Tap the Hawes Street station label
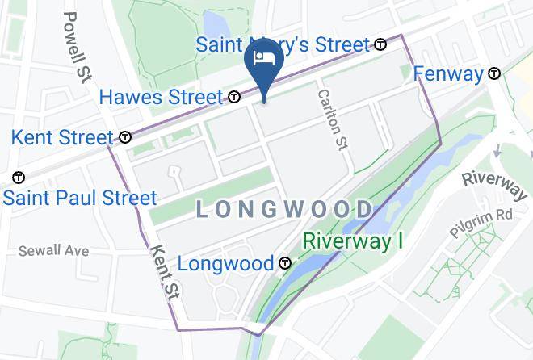pos(160,98)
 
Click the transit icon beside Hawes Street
pos(234,98)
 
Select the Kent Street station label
pos(61,137)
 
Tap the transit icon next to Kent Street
pos(125,137)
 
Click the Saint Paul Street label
pos(79,198)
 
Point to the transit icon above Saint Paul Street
pos(18,177)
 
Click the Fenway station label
pos(447,74)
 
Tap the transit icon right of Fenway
pos(493,74)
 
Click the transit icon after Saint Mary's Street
pos(380,44)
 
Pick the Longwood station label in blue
pos(225,263)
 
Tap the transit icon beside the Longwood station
pos(284,263)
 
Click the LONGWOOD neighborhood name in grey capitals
pos(285,211)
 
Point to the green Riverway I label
pos(352,241)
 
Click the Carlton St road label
pos(332,119)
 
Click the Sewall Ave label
pos(53,251)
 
